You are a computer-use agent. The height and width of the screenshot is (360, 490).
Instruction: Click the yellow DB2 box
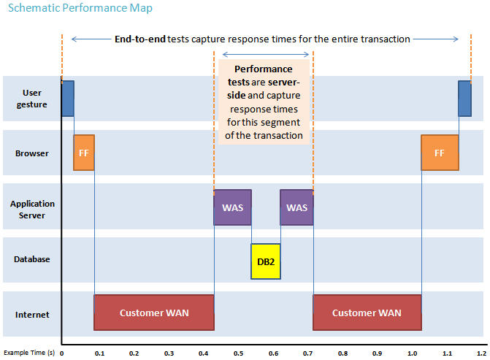(266, 261)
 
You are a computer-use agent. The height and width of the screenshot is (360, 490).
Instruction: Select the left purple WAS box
(232, 207)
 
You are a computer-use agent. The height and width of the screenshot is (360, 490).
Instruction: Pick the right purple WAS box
(297, 207)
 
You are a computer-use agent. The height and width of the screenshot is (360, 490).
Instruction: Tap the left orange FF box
(84, 153)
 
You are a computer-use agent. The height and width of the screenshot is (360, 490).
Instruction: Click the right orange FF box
(440, 153)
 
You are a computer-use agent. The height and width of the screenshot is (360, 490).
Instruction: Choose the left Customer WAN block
(154, 313)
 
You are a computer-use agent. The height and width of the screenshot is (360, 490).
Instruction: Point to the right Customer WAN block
(367, 313)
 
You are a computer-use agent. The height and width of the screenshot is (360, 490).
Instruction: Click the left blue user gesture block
(68, 99)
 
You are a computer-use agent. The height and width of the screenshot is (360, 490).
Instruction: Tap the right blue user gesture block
(464, 99)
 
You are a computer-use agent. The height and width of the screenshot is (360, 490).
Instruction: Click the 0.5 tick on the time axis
(239, 353)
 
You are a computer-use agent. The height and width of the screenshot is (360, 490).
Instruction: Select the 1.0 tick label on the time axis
(412, 353)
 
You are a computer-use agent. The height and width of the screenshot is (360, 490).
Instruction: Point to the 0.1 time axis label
(100, 353)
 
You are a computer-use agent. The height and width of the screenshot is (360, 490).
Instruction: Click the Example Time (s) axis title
(29, 353)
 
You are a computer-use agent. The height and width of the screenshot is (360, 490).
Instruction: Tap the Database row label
(32, 259)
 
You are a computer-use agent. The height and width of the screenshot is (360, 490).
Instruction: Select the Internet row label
(32, 315)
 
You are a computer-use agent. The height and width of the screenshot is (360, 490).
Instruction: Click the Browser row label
(32, 153)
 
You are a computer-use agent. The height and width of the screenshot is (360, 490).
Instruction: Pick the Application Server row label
(32, 210)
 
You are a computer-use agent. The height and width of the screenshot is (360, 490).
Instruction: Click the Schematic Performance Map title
(80, 8)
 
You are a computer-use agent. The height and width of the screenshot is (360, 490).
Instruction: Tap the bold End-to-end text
(140, 39)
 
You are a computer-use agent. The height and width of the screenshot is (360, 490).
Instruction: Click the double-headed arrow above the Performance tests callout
(266, 55)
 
